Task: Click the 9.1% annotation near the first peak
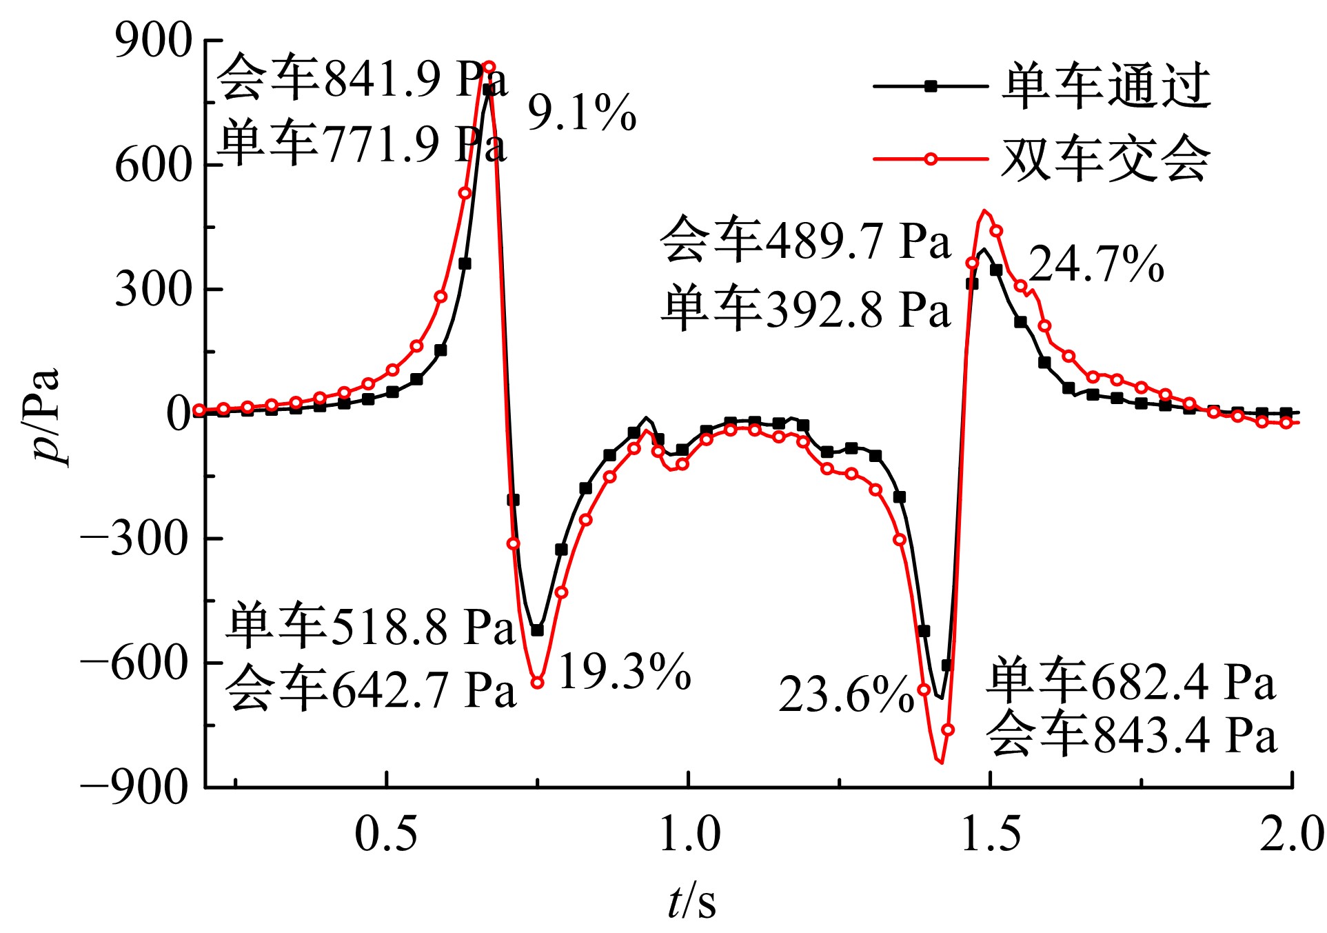pos(582,112)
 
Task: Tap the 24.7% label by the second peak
pos(1096,264)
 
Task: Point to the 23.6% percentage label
pos(847,694)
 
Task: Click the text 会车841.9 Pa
pos(363,78)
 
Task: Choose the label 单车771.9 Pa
pos(363,143)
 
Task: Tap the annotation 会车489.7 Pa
pos(805,240)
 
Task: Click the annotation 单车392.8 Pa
pos(805,308)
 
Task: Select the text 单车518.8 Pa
pos(371,626)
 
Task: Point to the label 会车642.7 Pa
pos(371,689)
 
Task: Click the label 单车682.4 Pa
pos(1131,681)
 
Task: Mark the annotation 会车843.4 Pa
pos(1131,734)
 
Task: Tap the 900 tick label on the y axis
pos(153,41)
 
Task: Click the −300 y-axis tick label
pos(135,538)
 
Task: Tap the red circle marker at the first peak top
pos(489,67)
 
